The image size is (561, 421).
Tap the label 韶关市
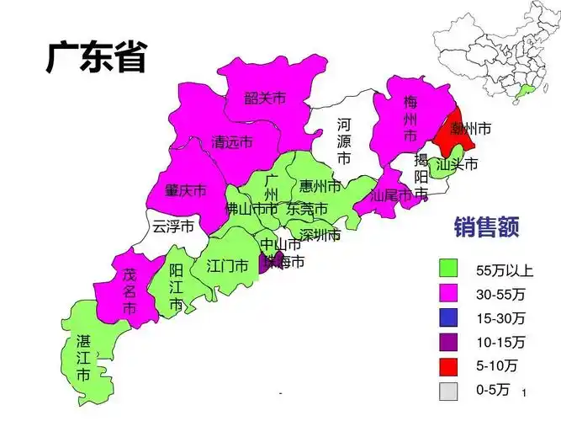pos(265,99)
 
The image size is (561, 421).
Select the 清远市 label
pos(232,142)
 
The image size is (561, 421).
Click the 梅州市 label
pos(410,119)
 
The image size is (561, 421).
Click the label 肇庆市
pos(185,190)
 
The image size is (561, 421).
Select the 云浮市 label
pos(173,226)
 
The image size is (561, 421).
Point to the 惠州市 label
pos(320,185)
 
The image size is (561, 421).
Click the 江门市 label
pos(227,266)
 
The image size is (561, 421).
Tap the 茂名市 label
pos(129,291)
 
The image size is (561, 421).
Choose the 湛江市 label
pos(83,358)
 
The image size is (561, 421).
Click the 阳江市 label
pos(176,288)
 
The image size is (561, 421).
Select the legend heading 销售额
pos(486,226)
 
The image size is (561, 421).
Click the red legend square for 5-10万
pos(448,365)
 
